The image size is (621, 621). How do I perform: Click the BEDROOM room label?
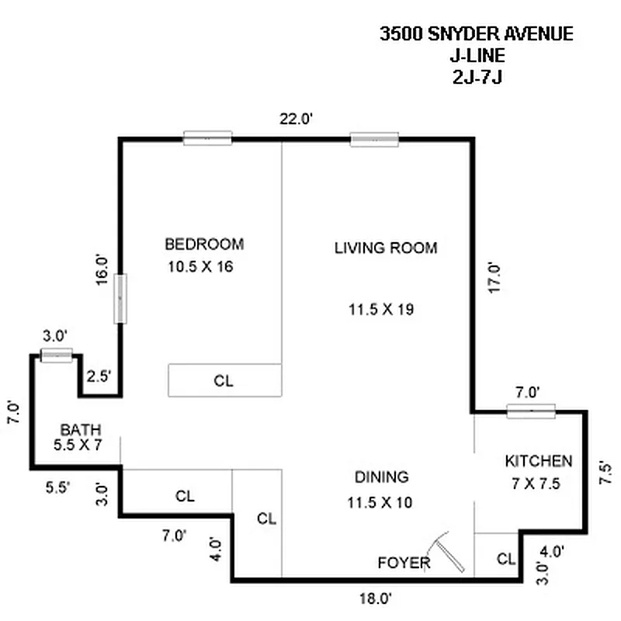point(204,244)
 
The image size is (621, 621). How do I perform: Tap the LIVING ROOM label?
point(386,248)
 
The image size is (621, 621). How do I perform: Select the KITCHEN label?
point(539,461)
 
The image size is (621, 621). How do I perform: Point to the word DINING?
point(382,477)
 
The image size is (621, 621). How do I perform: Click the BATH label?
point(81,430)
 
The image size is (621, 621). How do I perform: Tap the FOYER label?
point(404,562)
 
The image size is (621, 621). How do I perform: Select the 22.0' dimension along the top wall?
point(296,119)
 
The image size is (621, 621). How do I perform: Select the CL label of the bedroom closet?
point(224,381)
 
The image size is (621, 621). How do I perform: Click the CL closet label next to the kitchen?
point(505,558)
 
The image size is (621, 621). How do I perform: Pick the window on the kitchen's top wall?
point(531,411)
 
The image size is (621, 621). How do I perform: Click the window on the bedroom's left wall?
point(120,298)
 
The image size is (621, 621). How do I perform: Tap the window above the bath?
point(56,356)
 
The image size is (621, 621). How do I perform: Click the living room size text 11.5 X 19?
point(381,309)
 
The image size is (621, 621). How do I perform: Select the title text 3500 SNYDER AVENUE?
point(476,34)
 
